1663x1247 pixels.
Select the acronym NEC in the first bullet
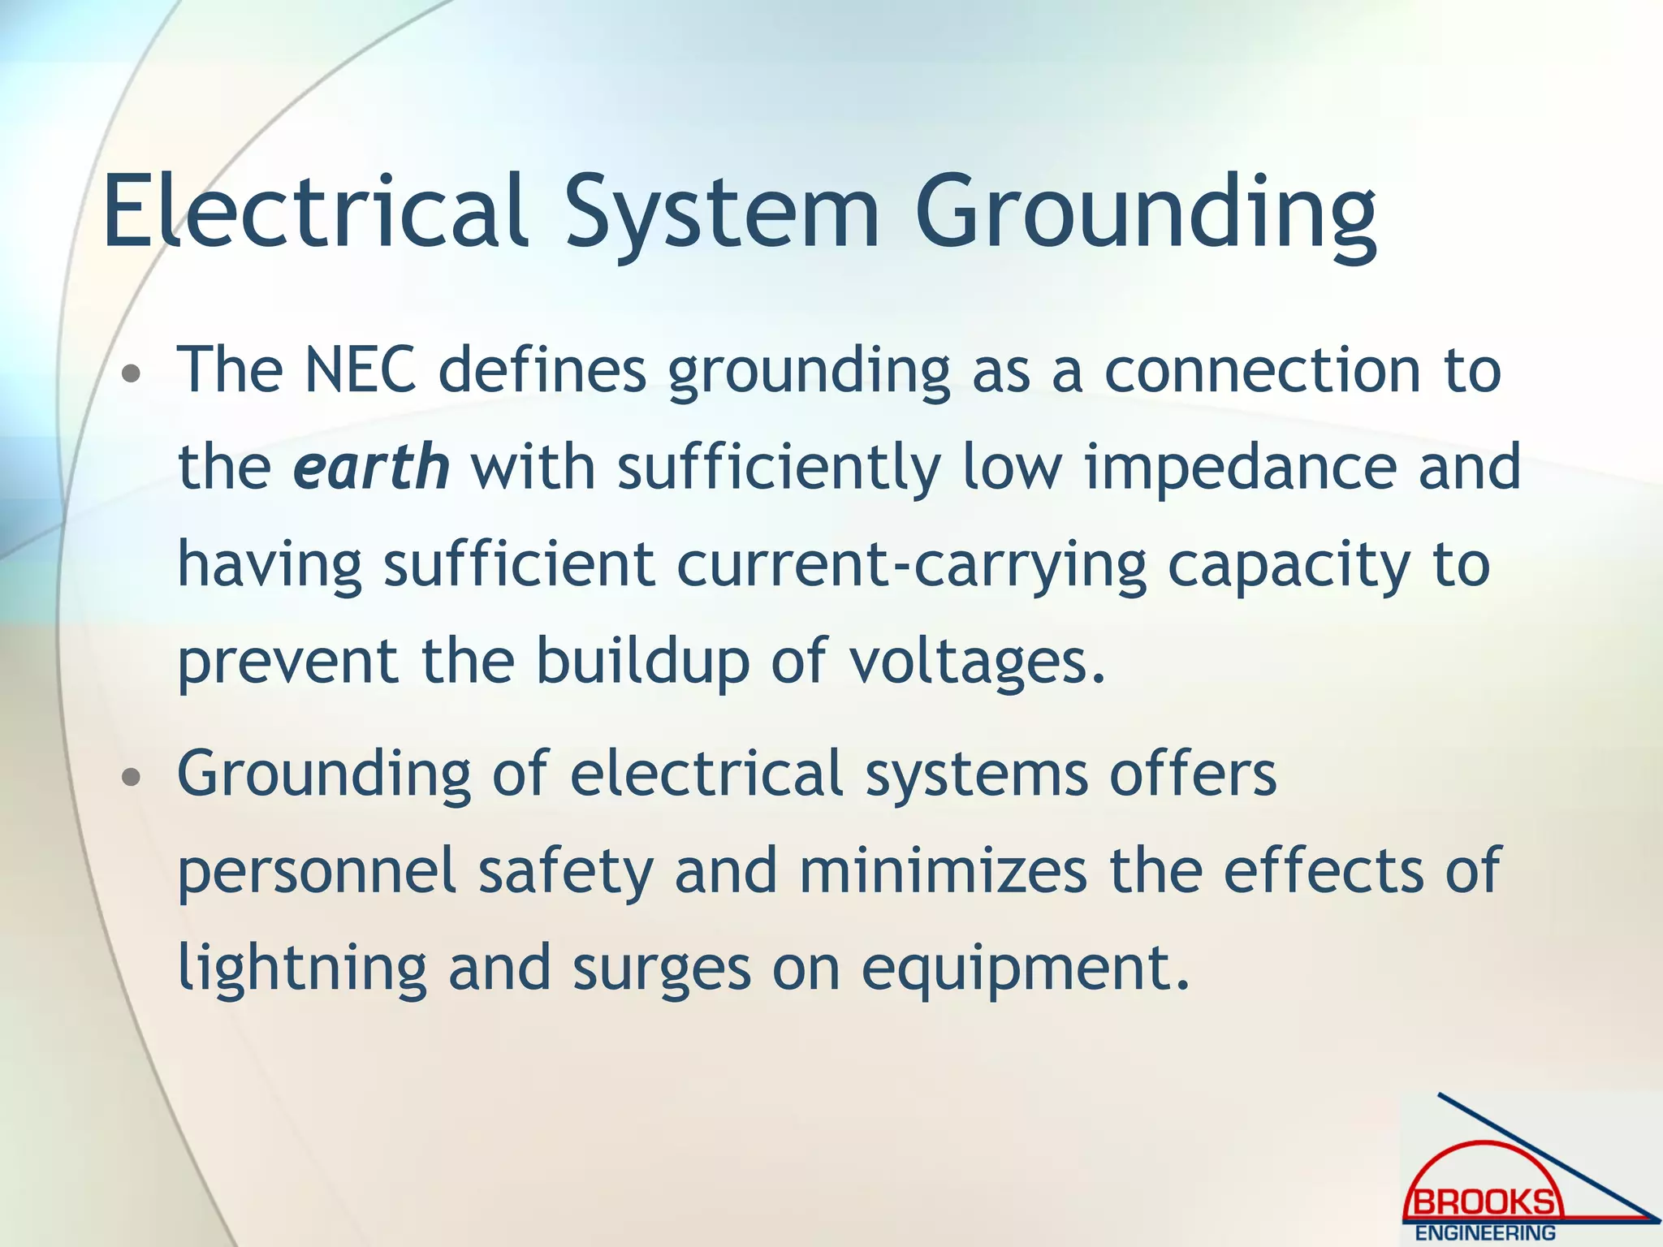click(x=360, y=370)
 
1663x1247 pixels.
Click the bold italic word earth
click(x=370, y=468)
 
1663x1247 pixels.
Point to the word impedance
click(x=1241, y=469)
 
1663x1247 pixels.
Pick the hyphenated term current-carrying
click(x=912, y=567)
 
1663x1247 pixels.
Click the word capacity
click(x=1289, y=567)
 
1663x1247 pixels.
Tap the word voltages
click(x=978, y=662)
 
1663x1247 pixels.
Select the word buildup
click(x=642, y=662)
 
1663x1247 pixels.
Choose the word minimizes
click(x=943, y=870)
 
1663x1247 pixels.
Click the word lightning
click(x=302, y=969)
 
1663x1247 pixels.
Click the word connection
click(x=1263, y=370)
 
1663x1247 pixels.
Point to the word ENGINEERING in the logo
click(x=1485, y=1233)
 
